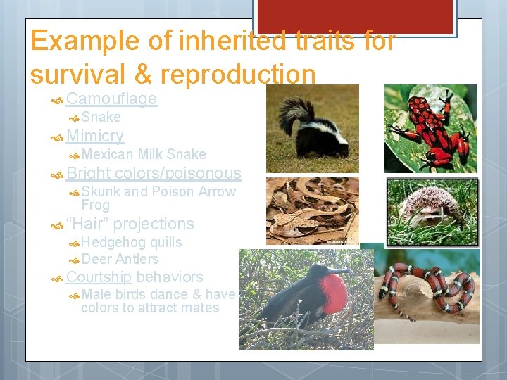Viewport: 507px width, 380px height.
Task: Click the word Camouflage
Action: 111,99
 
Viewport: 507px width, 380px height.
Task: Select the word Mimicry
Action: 95,136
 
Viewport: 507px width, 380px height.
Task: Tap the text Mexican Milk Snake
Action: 144,154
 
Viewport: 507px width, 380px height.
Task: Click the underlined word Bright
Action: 89,173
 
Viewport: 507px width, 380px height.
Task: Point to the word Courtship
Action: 99,277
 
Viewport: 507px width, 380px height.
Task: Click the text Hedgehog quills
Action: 132,242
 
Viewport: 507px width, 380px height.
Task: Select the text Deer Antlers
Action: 120,259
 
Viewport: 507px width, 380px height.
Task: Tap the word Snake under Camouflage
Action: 101,117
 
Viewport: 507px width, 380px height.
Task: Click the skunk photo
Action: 312,129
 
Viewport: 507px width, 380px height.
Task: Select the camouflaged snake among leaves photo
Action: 312,211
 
